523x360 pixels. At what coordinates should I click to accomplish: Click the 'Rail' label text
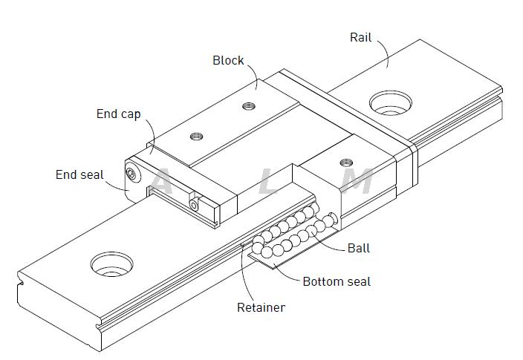pos(360,37)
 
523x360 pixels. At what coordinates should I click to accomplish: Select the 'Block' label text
pos(228,61)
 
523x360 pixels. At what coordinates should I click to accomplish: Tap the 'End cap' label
pos(118,114)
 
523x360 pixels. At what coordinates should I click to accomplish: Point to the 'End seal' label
pos(79,175)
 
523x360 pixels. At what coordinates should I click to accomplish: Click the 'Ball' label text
pos(359,248)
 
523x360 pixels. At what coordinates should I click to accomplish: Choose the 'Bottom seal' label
pos(337,282)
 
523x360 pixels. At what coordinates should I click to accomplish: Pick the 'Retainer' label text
pos(261,307)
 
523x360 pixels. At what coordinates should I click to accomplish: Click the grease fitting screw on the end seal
pos(131,174)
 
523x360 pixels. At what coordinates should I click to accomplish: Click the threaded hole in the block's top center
pos(197,136)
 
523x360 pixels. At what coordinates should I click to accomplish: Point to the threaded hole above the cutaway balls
pos(344,162)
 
